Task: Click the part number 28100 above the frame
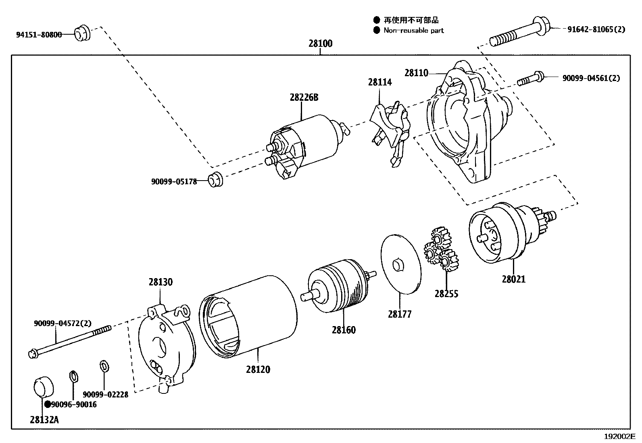pyautogui.click(x=321, y=44)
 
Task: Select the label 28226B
pyautogui.click(x=304, y=97)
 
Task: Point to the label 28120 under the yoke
pyautogui.click(x=258, y=369)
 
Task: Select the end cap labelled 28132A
pyautogui.click(x=42, y=387)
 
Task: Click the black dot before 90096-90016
pyautogui.click(x=48, y=404)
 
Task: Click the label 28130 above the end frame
pyautogui.click(x=160, y=282)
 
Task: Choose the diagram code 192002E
pyautogui.click(x=619, y=437)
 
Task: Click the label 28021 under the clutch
pyautogui.click(x=514, y=279)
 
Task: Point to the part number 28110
pyautogui.click(x=416, y=73)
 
